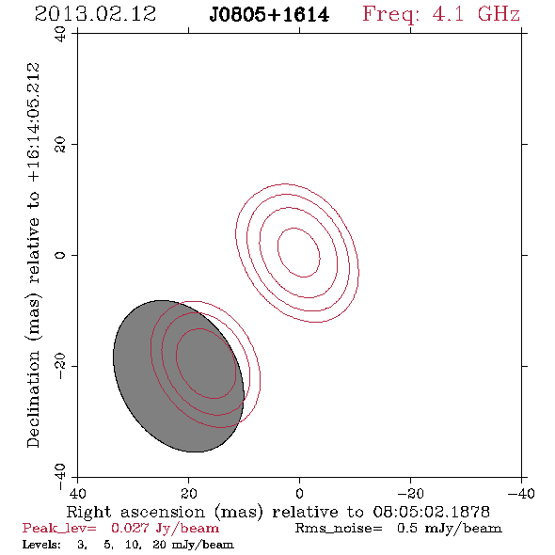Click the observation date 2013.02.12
tap(95, 14)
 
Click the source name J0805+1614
tap(269, 15)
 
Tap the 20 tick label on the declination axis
tap(60, 145)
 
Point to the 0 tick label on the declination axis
tap(60, 255)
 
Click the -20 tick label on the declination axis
tap(60, 366)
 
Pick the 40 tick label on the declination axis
tap(60, 34)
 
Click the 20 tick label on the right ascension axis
tap(189, 493)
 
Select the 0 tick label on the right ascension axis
tap(299, 493)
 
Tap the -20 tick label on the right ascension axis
tap(410, 493)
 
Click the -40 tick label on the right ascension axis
tap(521, 493)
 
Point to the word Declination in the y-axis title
tap(33, 399)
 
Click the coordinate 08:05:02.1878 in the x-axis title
tap(432, 512)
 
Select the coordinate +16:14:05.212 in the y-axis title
tap(33, 122)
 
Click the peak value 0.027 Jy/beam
tap(165, 529)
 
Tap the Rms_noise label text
tap(339, 529)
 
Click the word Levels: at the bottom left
tap(41, 544)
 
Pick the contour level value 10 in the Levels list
tap(133, 545)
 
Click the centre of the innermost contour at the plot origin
tap(299, 252)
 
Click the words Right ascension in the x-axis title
tap(135, 512)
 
